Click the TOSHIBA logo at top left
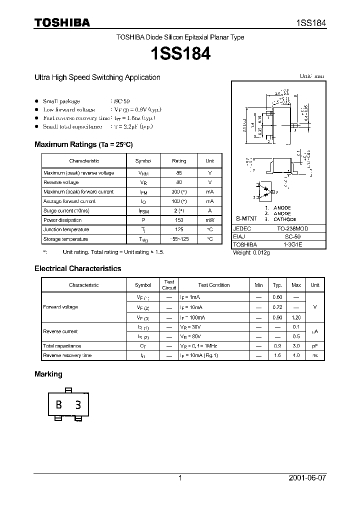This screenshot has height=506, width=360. [62, 22]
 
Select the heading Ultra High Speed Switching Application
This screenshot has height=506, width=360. [97, 77]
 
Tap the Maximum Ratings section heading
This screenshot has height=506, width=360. [83, 144]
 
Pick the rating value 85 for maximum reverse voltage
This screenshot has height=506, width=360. [178, 173]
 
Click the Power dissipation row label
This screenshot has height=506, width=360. [62, 220]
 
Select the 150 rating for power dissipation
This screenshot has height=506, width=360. [178, 220]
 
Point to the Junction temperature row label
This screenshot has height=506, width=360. [66, 229]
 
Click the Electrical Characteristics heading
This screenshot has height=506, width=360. [77, 268]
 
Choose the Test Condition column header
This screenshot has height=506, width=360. [213, 285]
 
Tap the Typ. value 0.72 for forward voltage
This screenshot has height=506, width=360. [277, 307]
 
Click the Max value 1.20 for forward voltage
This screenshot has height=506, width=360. [296, 317]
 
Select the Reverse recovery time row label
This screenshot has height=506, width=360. [67, 355]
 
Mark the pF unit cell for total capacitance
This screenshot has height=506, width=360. [314, 346]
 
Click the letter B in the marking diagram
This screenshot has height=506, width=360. [59, 405]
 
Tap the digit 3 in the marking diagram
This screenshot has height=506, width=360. [78, 405]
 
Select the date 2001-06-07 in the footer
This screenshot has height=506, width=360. [306, 478]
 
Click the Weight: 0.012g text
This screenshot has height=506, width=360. [251, 253]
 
